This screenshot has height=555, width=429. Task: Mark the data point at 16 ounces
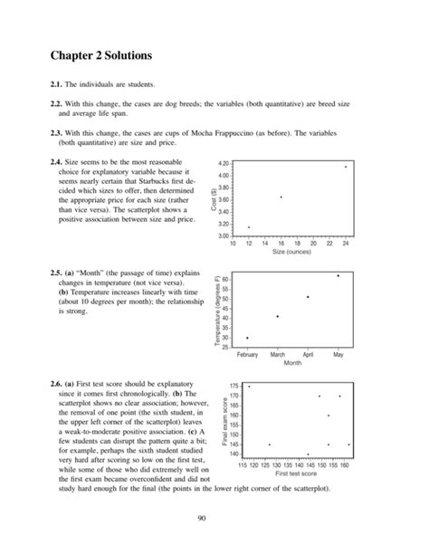click(x=281, y=196)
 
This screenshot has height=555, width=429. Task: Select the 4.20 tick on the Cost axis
click(x=224, y=163)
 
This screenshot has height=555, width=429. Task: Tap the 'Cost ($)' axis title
click(x=214, y=199)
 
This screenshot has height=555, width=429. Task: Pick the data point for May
click(x=338, y=275)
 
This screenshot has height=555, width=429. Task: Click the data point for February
click(x=247, y=338)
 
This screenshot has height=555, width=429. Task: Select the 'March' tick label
click(x=278, y=355)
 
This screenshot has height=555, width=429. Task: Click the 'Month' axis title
click(x=292, y=363)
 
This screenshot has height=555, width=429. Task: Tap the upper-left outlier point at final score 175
click(x=249, y=387)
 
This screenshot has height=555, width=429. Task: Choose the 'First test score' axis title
click(x=294, y=474)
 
